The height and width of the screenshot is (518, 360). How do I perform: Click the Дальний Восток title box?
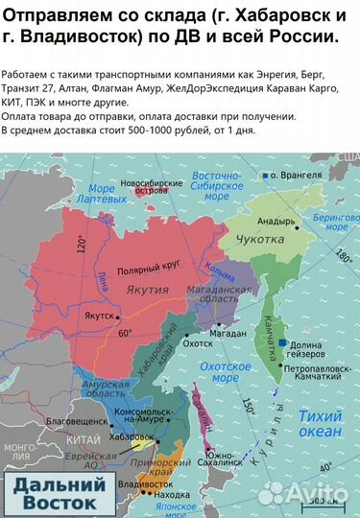click(x=54, y=492)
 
